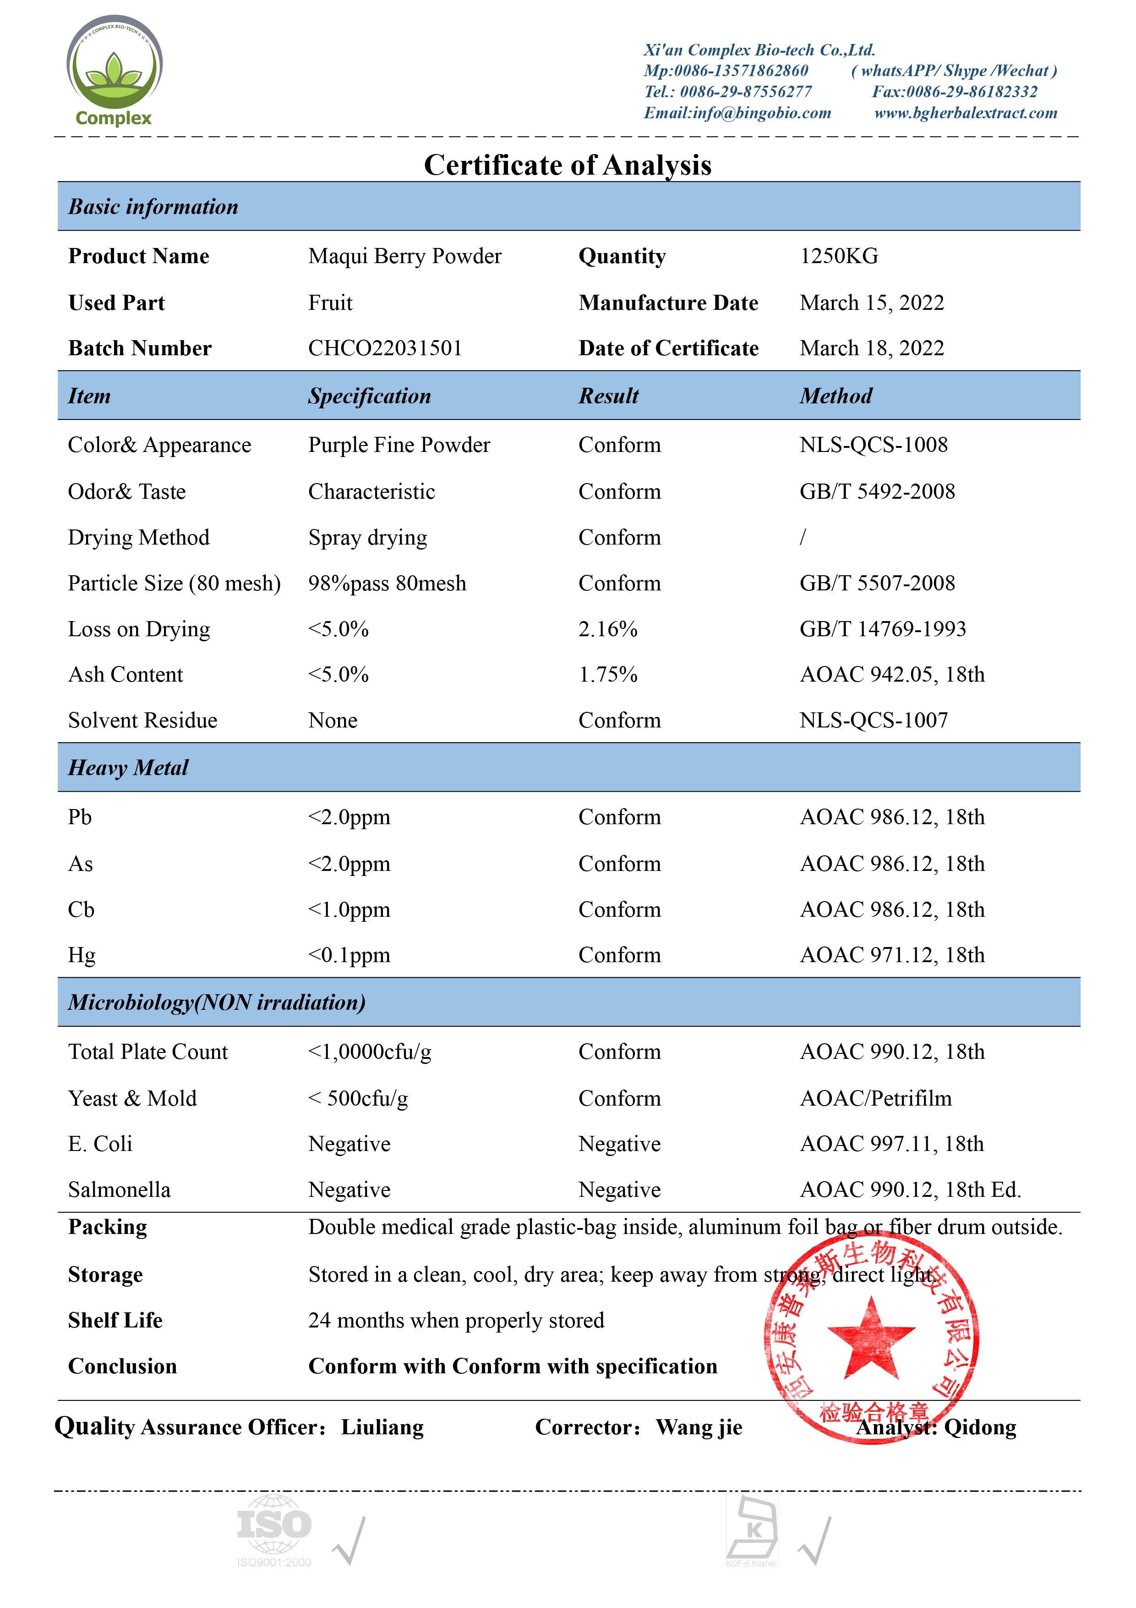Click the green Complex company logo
pyautogui.click(x=114, y=71)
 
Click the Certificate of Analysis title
pyautogui.click(x=568, y=165)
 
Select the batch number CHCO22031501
pyautogui.click(x=385, y=348)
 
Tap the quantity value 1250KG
pyautogui.click(x=839, y=256)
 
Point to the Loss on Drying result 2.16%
pyautogui.click(x=607, y=629)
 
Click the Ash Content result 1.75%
pyautogui.click(x=607, y=674)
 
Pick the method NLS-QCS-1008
pyautogui.click(x=874, y=445)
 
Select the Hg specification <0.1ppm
pyautogui.click(x=349, y=955)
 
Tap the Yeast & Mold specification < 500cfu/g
pyautogui.click(x=358, y=1098)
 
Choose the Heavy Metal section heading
pyautogui.click(x=128, y=768)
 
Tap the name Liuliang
pyautogui.click(x=382, y=1427)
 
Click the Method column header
pyautogui.click(x=836, y=396)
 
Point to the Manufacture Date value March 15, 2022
pyautogui.click(x=871, y=303)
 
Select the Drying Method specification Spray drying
pyautogui.click(x=367, y=537)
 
